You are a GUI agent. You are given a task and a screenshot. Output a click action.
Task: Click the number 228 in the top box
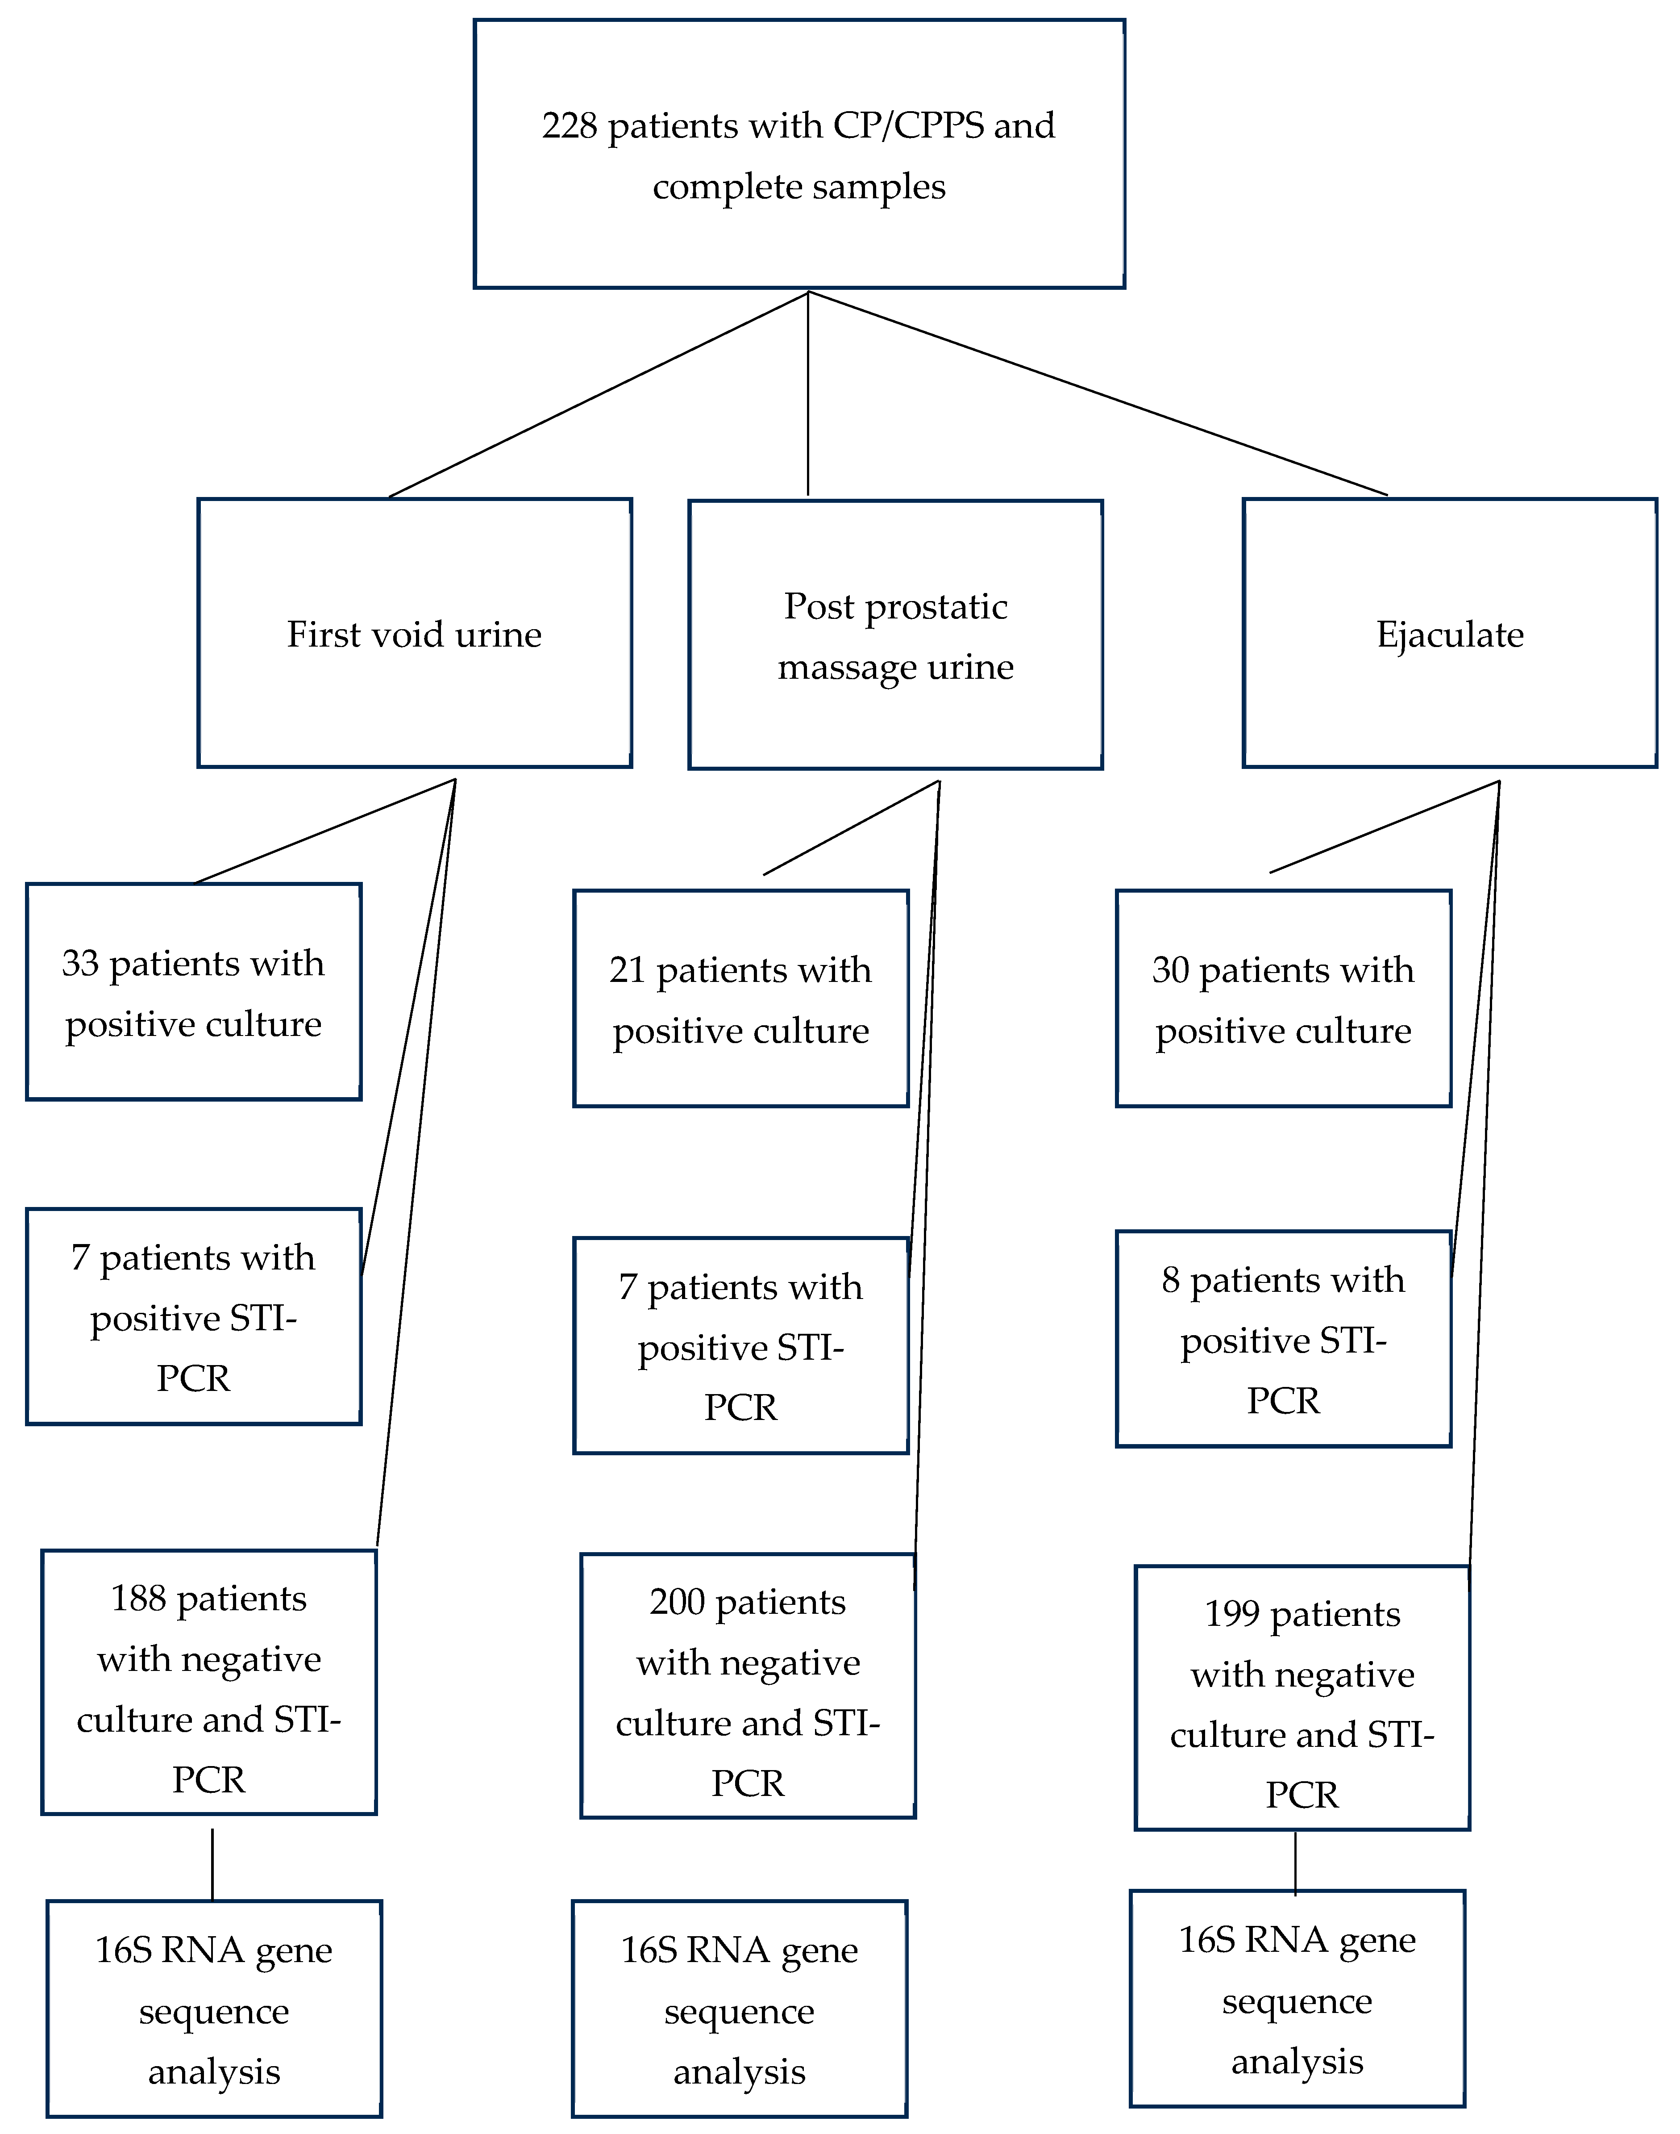click(570, 126)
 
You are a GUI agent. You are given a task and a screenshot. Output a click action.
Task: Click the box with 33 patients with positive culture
click(194, 992)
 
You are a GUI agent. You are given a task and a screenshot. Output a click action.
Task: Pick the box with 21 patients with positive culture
click(740, 998)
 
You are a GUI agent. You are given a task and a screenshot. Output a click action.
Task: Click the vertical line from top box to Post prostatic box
click(807, 393)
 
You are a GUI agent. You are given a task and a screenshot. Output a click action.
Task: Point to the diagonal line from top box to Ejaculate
click(1097, 393)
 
